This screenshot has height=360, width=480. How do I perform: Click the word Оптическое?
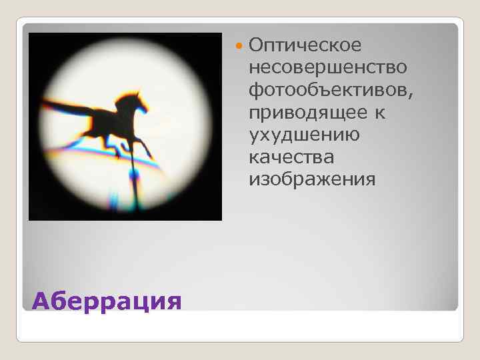tap(305, 45)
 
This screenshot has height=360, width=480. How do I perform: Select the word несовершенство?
tap(329, 67)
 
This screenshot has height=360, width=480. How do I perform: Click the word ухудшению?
tap(303, 135)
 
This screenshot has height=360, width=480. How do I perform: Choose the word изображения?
tap(312, 180)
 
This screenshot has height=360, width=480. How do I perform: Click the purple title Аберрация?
tap(106, 301)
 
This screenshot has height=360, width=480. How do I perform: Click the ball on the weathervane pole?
tap(135, 175)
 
